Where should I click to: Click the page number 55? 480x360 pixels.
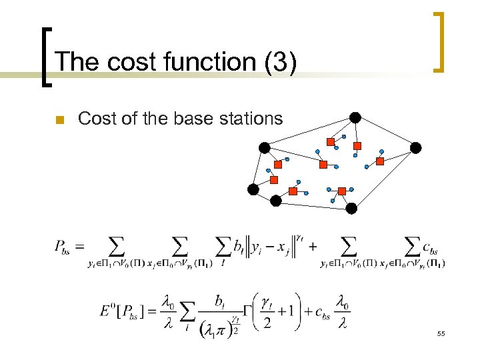(x=441, y=333)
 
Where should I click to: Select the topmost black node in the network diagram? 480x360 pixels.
(x=355, y=117)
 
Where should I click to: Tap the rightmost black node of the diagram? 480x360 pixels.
(x=416, y=147)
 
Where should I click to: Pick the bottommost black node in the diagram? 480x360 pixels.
(x=351, y=208)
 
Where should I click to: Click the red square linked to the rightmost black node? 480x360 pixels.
(x=380, y=161)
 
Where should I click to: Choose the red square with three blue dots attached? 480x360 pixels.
(x=342, y=191)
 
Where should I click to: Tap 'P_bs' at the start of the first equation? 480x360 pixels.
(x=63, y=247)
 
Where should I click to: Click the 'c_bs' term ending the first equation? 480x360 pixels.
(x=431, y=247)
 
